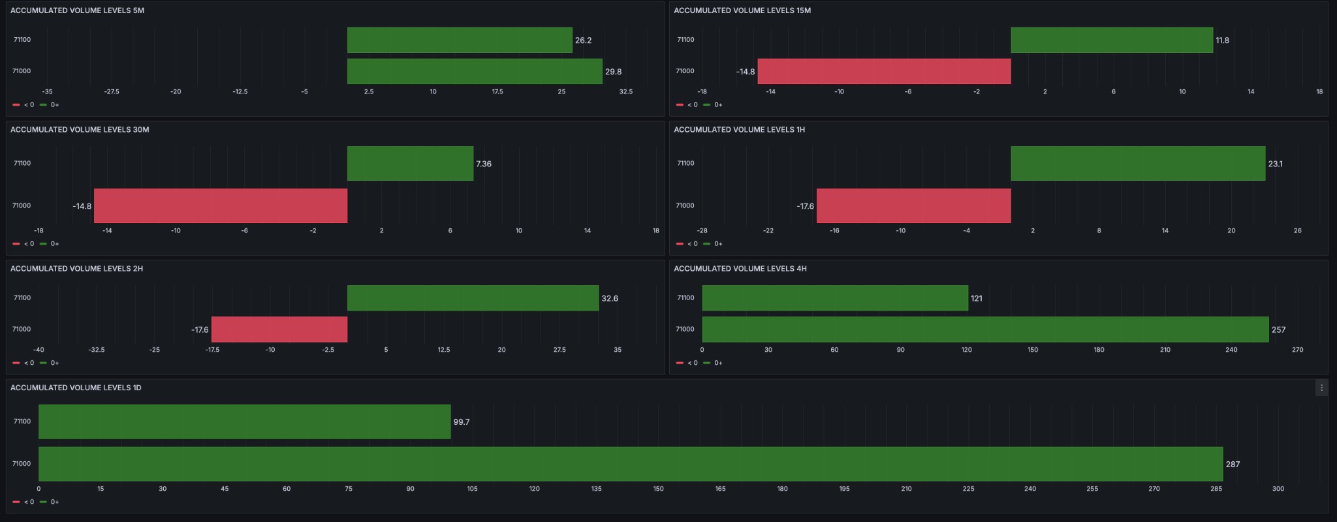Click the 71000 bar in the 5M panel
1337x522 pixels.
(x=475, y=71)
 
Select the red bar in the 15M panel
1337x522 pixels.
(x=884, y=71)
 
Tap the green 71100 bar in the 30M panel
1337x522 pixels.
(x=410, y=163)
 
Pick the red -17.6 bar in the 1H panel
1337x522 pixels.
(x=913, y=206)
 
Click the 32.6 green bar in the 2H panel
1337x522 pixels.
(x=473, y=298)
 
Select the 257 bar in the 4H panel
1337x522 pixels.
(x=985, y=329)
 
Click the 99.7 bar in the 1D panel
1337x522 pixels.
(x=244, y=422)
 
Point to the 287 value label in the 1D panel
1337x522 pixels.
(x=1233, y=465)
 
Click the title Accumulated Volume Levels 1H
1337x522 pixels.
(x=739, y=130)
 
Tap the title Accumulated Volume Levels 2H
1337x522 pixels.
(x=76, y=269)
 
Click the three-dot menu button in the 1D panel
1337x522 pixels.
(x=1321, y=388)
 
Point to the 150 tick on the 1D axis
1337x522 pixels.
(x=658, y=489)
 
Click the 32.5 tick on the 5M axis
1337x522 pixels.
(x=625, y=92)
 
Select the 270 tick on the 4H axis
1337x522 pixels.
(x=1297, y=350)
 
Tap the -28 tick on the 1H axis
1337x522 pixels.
(x=702, y=231)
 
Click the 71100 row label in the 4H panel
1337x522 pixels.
(x=685, y=298)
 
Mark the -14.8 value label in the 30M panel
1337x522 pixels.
(x=82, y=206)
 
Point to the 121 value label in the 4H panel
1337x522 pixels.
(x=976, y=298)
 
